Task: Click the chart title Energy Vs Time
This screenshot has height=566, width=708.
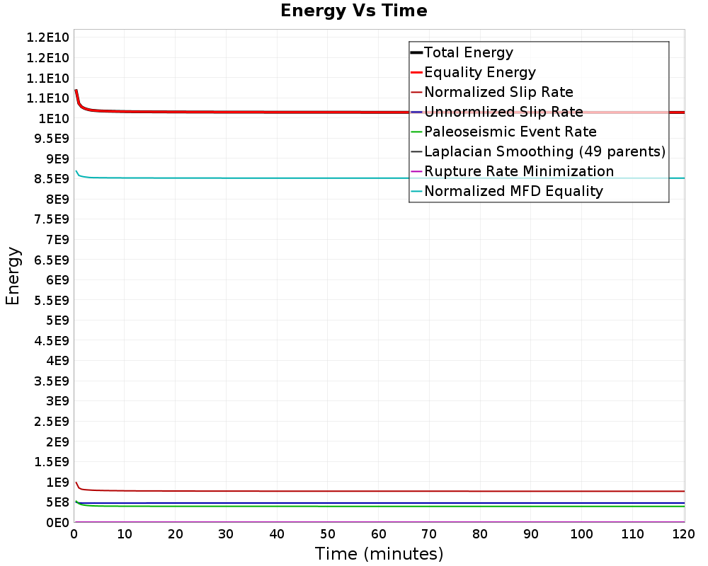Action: [353, 11]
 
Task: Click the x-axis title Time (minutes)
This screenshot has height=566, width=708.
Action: [379, 553]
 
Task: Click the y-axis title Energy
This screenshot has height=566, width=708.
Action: [13, 276]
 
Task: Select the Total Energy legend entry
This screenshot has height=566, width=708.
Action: [462, 52]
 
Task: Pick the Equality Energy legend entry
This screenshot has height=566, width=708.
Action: [473, 72]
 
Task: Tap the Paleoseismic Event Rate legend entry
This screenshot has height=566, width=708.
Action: [504, 132]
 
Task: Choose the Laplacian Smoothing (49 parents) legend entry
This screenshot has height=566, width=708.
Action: [538, 151]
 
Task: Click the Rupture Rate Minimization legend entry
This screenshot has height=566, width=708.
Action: [513, 171]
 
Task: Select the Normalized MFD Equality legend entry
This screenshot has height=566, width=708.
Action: [507, 191]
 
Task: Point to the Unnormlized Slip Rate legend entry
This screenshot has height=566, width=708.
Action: [497, 112]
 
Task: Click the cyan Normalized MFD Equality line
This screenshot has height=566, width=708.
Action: [380, 178]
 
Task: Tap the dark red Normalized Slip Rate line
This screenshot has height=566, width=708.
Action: [380, 491]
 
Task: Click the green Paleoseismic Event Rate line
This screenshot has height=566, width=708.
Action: [380, 506]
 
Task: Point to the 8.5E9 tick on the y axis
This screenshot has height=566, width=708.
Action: [52, 179]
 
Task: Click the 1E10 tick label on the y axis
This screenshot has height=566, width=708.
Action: [54, 119]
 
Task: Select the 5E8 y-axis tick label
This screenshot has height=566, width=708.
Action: [58, 502]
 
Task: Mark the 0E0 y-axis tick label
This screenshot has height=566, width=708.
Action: [58, 523]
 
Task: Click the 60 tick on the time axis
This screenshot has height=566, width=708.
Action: [378, 534]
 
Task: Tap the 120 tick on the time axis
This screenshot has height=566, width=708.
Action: [684, 534]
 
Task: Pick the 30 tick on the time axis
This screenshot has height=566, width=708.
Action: [227, 534]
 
